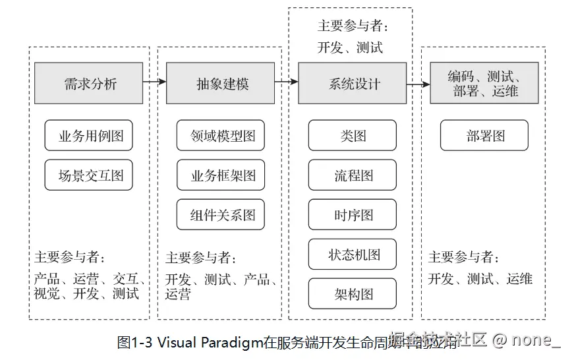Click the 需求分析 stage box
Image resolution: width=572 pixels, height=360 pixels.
click(89, 83)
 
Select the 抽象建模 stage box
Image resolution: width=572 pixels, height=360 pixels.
click(221, 83)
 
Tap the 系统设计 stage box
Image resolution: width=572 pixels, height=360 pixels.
click(353, 83)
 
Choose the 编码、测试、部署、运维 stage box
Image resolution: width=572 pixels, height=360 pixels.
click(484, 83)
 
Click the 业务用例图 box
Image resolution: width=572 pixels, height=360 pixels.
click(89, 135)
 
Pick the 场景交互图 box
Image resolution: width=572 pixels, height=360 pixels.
click(89, 175)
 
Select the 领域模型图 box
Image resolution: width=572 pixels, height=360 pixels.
click(221, 135)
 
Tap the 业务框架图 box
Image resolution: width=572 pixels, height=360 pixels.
click(221, 175)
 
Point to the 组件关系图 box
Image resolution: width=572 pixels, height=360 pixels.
click(221, 214)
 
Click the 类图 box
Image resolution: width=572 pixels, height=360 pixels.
click(353, 135)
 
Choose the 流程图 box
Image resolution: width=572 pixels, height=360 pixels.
click(353, 175)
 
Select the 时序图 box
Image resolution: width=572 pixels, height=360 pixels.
click(353, 214)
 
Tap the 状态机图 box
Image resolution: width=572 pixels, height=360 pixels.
click(353, 254)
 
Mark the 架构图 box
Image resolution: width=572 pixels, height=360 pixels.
click(353, 294)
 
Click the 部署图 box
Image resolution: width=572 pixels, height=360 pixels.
click(484, 135)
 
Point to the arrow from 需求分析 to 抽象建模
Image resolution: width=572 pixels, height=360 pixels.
click(154, 82)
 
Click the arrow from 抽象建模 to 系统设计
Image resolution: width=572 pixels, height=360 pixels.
click(287, 82)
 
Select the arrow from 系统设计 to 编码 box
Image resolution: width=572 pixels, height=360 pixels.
click(418, 84)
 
